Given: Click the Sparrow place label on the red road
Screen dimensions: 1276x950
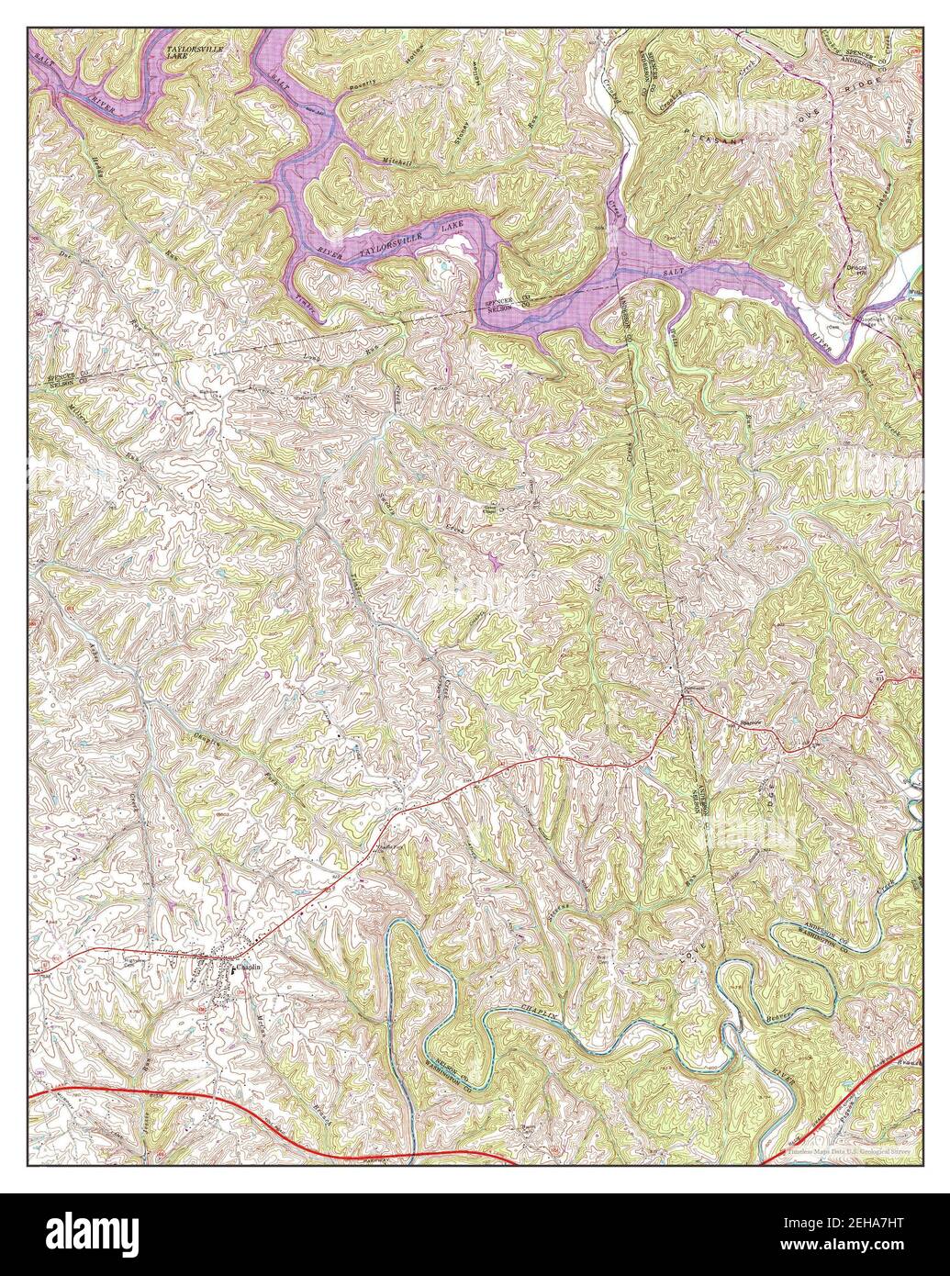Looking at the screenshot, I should [753, 722].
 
